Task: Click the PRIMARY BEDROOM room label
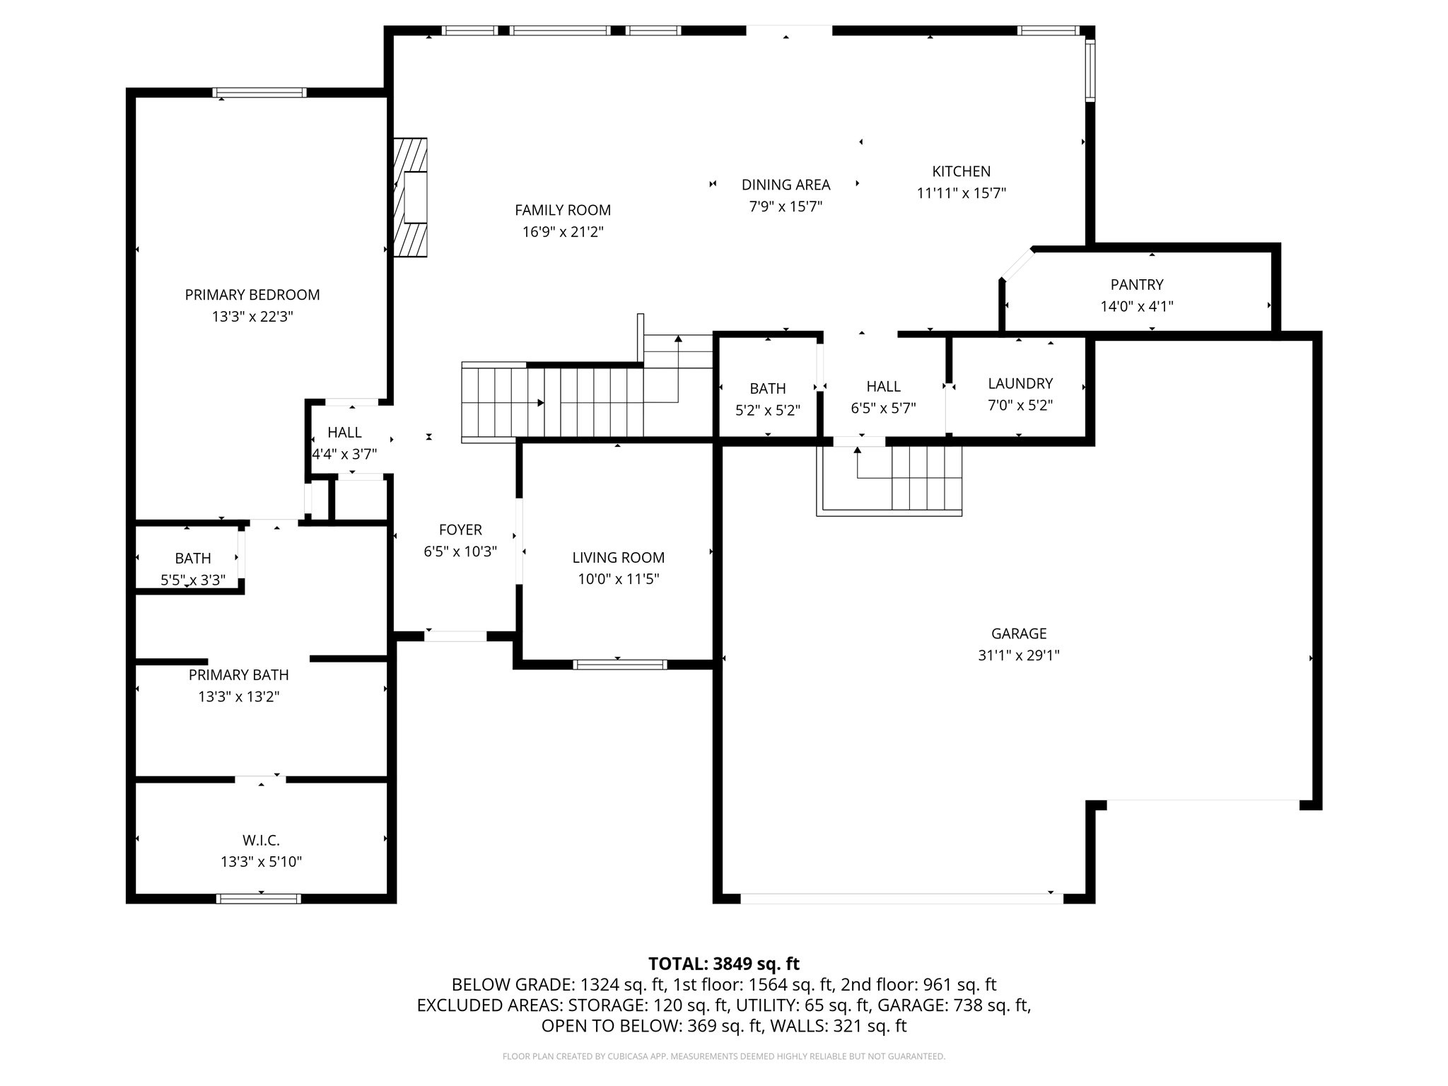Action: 252,295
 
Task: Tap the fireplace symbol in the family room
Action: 411,197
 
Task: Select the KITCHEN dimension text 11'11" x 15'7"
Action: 961,193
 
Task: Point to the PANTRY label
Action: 1136,284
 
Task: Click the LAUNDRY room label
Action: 1020,383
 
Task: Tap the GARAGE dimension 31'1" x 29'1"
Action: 1018,655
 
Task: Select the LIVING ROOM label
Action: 618,557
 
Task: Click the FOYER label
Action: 460,530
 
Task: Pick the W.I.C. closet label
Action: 261,840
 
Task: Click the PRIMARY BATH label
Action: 238,675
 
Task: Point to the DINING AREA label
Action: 786,185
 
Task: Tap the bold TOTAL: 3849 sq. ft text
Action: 723,963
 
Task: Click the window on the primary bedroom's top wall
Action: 259,93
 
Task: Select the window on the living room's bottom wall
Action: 619,664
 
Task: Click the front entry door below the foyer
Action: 455,636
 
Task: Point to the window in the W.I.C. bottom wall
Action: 259,899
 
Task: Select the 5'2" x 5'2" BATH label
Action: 767,388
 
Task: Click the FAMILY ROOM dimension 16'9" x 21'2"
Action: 563,232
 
